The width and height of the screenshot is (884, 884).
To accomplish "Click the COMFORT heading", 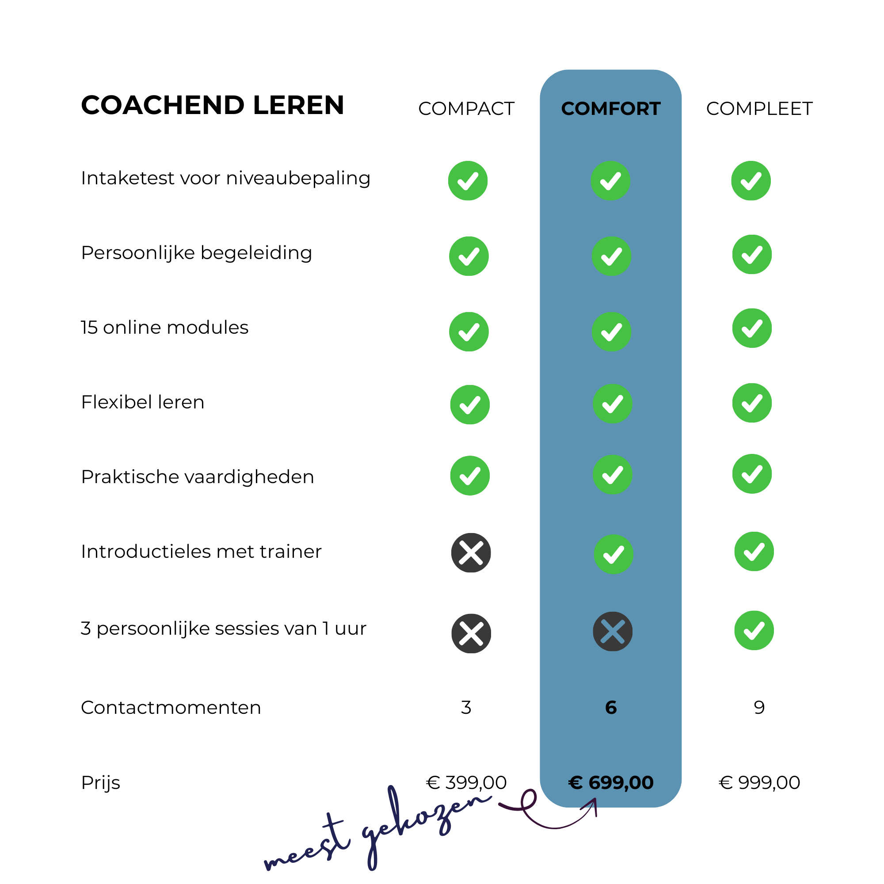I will coord(610,109).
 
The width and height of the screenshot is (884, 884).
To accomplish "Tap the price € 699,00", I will coord(610,782).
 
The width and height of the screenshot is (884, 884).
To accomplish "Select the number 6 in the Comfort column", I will coord(611,707).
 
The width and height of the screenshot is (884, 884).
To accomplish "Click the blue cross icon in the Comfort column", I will coord(613,632).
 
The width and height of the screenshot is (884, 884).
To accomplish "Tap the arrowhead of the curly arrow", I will coord(594,802).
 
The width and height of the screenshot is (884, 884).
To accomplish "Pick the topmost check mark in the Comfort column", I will coord(610,181).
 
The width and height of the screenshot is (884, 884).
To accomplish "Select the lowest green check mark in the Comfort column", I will coord(613,554).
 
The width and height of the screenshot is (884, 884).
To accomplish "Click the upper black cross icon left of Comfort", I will coord(471,553).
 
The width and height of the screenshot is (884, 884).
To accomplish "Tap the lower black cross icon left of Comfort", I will coord(471,633).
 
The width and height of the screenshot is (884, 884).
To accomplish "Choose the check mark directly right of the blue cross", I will coord(754,630).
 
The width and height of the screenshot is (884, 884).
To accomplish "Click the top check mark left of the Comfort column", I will coord(468,181).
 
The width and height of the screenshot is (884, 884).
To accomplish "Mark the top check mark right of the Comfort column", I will coord(751,181).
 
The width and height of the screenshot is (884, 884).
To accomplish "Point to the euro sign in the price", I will coord(575,783).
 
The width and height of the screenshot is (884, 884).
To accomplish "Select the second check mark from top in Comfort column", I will coord(611,256).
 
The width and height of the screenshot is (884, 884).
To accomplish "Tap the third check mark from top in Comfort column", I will coord(611,332).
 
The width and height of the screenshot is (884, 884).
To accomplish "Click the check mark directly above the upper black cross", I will coord(469,476).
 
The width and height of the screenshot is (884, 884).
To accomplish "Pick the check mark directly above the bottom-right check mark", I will coord(754,551).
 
